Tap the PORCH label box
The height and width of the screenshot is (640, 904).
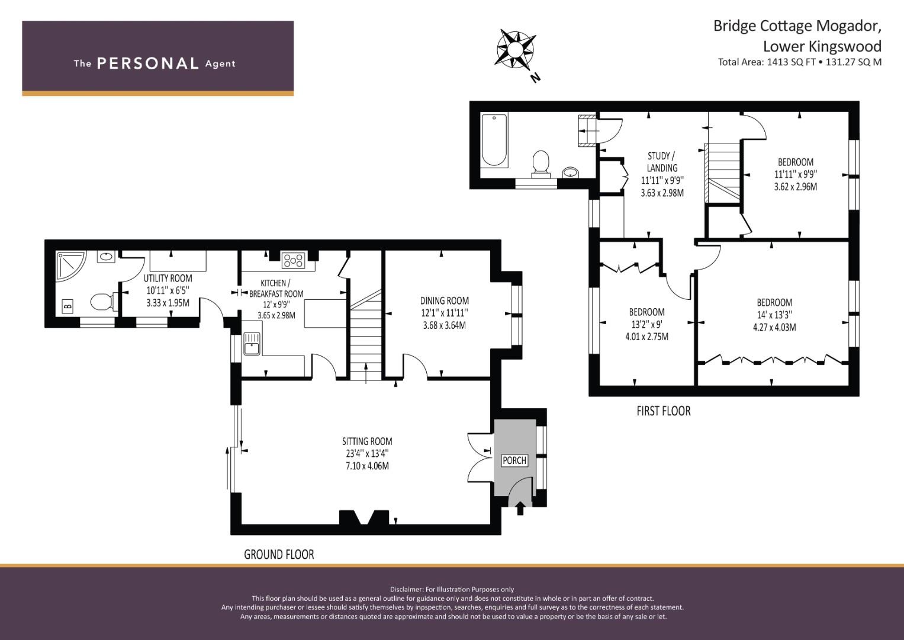click(x=514, y=460)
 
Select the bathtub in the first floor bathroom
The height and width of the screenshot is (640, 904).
click(x=494, y=140)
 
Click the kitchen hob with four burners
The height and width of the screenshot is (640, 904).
click(x=293, y=260)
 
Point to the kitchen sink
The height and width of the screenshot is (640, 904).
click(x=252, y=343)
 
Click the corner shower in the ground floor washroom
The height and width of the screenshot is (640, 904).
click(x=69, y=264)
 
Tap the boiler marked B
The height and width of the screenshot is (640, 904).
click(x=67, y=306)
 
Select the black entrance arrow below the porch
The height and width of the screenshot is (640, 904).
click(x=520, y=508)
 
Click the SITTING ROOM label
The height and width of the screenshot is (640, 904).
click(x=367, y=441)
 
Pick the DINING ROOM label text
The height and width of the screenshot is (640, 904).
click(x=444, y=300)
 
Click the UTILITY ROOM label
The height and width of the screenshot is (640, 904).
click(x=168, y=278)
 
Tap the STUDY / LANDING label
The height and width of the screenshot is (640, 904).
click(x=662, y=162)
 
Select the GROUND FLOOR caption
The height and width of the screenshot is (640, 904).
click(x=279, y=555)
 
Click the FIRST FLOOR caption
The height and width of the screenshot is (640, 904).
click(x=663, y=411)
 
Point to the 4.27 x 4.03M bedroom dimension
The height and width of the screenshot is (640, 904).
click(x=774, y=327)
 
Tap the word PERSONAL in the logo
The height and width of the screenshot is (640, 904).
click(x=147, y=63)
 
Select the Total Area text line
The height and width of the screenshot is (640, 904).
click(x=799, y=62)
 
